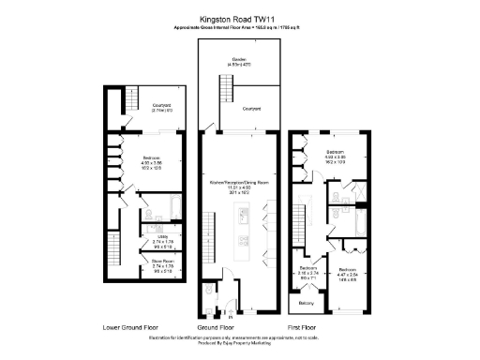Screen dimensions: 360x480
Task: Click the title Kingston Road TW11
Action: (x=239, y=17)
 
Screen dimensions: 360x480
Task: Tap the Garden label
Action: (x=239, y=60)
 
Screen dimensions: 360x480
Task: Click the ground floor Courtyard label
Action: (x=251, y=110)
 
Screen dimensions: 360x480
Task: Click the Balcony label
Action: (x=306, y=303)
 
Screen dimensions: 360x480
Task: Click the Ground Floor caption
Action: (x=231, y=328)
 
